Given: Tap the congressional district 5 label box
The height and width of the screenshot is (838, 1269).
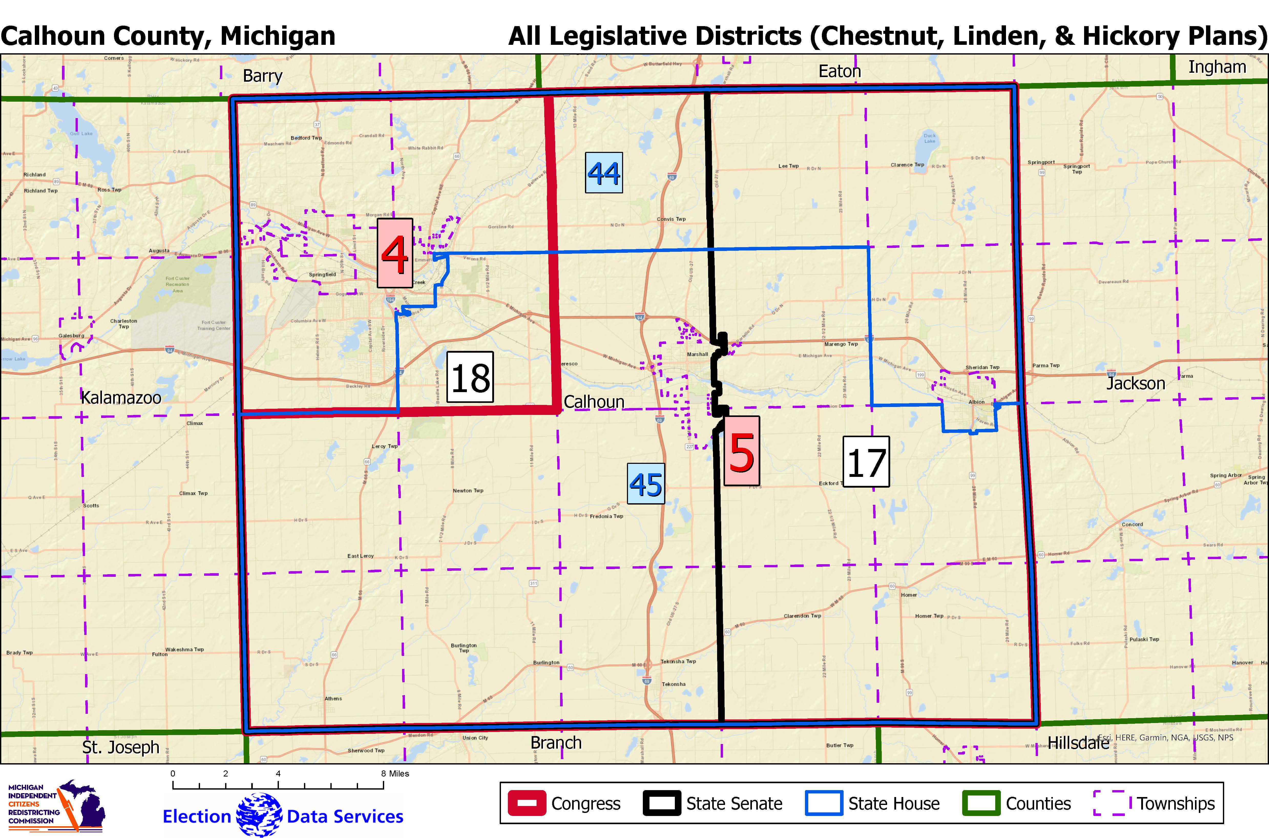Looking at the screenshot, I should (x=742, y=451).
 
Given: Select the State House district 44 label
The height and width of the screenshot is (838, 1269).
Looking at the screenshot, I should (x=604, y=173).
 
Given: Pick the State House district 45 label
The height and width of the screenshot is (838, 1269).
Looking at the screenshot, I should (x=646, y=484).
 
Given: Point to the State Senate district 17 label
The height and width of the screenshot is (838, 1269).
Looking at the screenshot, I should (x=866, y=462).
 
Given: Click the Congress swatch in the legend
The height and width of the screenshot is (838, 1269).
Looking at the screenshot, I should (x=527, y=803).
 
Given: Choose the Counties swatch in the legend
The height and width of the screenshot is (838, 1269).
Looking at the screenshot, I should (x=981, y=803).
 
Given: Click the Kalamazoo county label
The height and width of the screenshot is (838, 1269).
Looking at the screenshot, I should (x=121, y=398).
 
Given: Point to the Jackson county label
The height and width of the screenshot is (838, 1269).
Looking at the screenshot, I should (x=1135, y=383).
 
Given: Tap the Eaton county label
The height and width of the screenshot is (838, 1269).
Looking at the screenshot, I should (x=840, y=71).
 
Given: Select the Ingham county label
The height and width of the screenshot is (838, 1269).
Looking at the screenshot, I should (x=1217, y=67).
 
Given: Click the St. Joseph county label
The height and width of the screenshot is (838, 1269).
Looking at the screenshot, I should (x=121, y=747).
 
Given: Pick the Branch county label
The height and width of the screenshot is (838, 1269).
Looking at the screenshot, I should (x=556, y=742).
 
